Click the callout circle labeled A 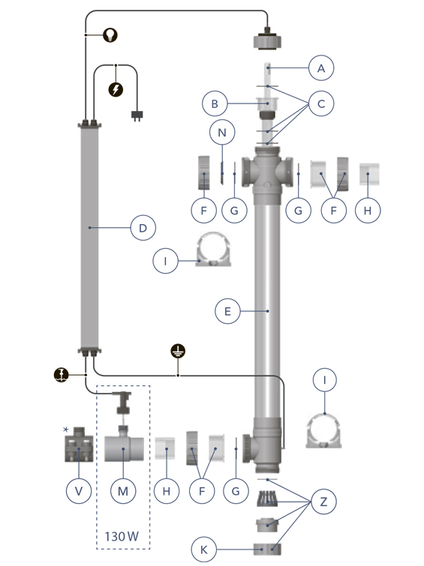coord(321,68)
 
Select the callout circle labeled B coord(215,103)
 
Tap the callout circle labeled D coord(143,228)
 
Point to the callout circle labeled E coord(227,311)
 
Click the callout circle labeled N coord(222,132)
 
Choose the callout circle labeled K coord(204,550)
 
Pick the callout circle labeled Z coord(323,502)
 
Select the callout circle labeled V coord(79,490)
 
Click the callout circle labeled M coord(123,490)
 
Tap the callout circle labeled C coord(321,103)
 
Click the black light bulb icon coord(110,34)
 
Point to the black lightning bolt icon coord(116,89)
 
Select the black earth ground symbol coord(178,351)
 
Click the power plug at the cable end coord(137,116)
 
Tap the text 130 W coord(122,537)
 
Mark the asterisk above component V coord(66,430)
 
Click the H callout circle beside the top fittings coord(368,210)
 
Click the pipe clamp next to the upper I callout coord(213,249)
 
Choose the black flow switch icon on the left coord(61,375)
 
